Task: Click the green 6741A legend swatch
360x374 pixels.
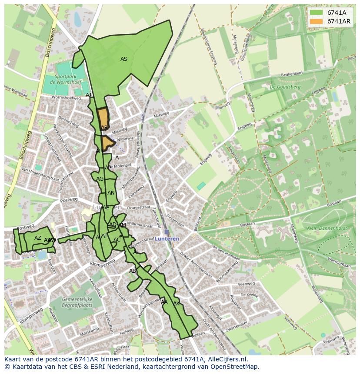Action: click(316, 13)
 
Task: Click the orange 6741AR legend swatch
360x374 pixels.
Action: click(316, 21)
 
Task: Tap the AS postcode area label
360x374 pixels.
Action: click(124, 59)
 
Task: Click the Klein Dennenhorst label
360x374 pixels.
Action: click(320, 228)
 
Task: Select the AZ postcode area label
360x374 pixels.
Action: click(38, 238)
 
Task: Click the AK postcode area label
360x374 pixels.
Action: click(177, 303)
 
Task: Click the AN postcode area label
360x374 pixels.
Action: click(111, 193)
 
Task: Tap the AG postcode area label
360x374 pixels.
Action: click(100, 179)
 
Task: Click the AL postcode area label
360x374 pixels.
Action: click(136, 252)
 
